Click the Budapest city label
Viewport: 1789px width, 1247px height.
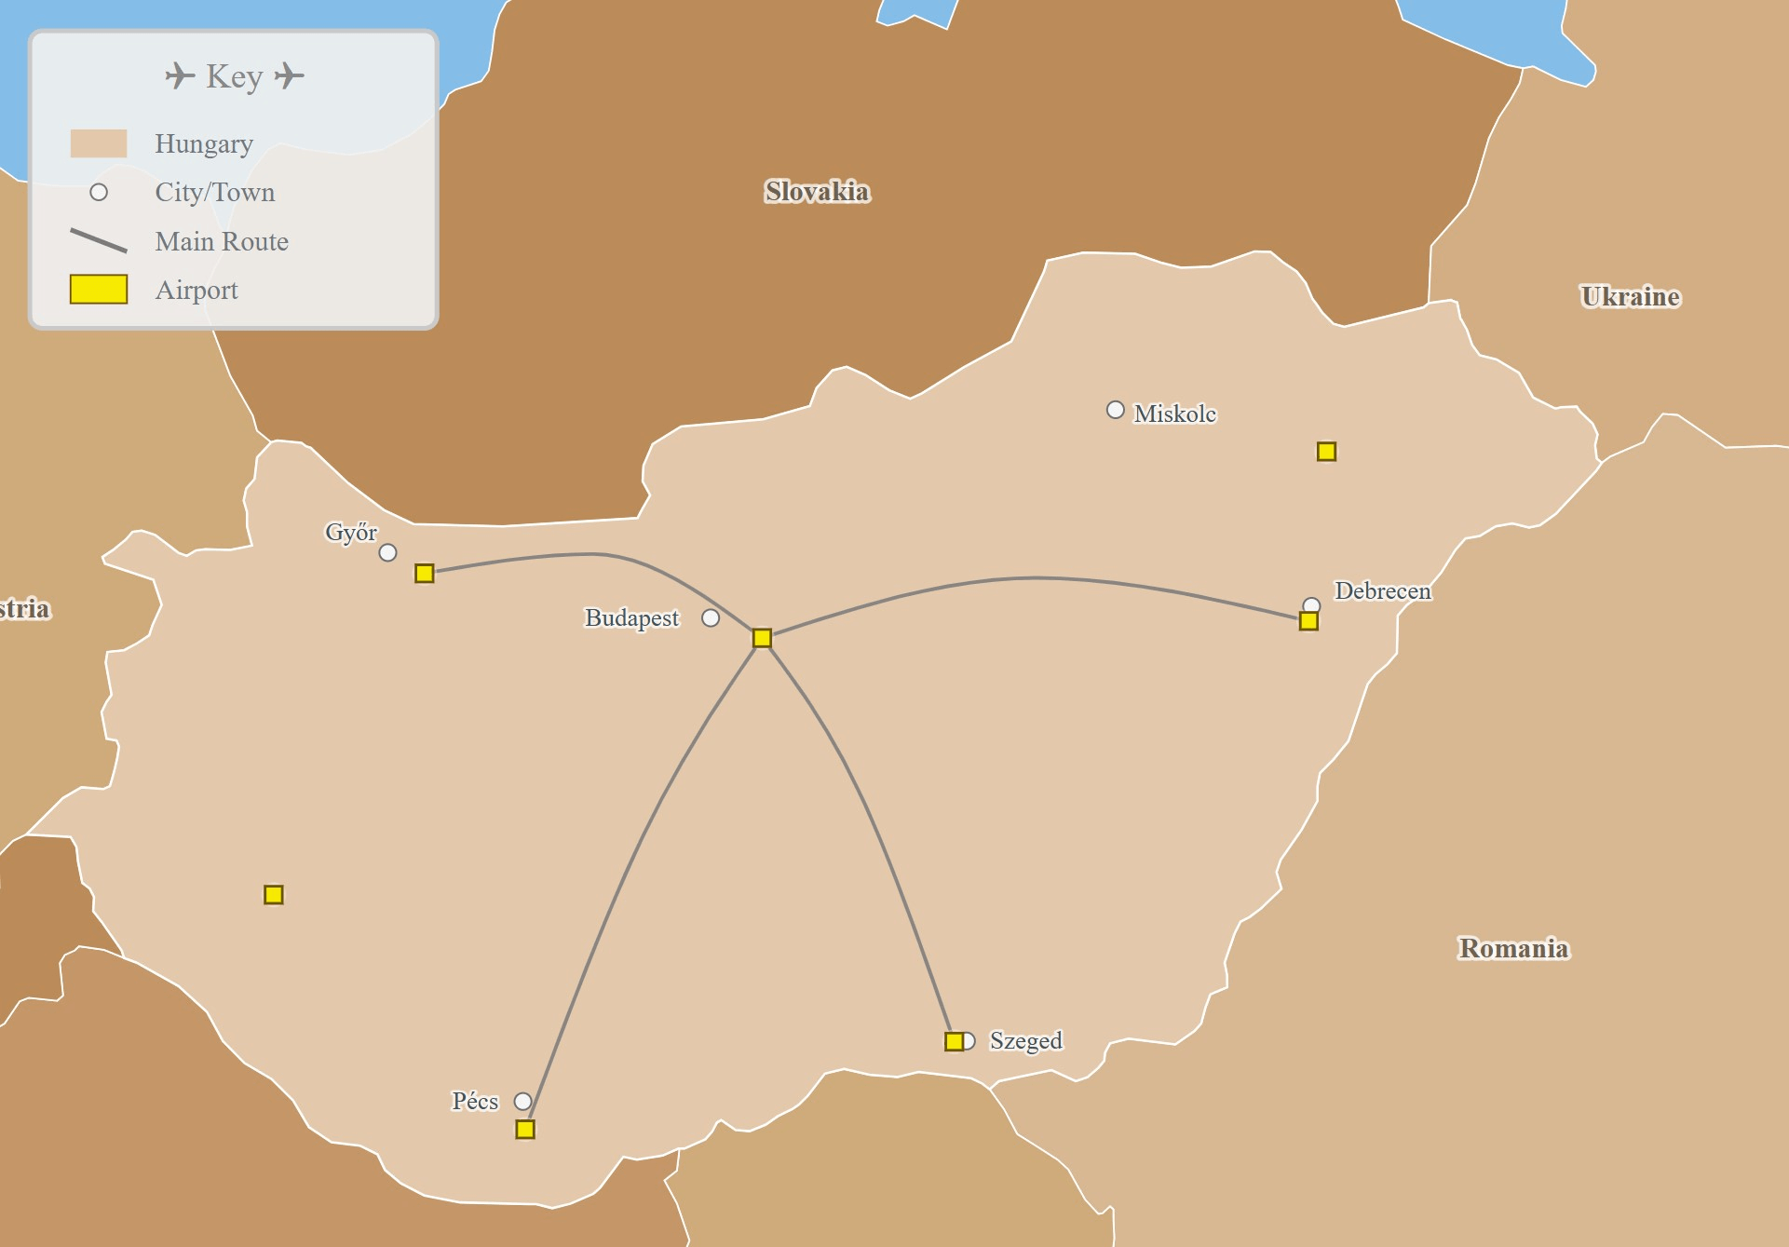point(631,618)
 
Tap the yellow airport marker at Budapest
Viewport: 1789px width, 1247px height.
point(762,638)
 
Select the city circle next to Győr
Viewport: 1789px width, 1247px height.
point(387,553)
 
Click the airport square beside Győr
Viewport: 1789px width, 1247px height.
point(425,574)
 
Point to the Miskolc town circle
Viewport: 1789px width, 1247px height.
point(1115,410)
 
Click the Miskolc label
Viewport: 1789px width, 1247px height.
point(1174,413)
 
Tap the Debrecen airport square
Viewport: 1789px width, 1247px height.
point(1308,621)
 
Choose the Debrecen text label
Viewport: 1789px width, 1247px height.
point(1382,591)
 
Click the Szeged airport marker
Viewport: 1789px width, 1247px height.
point(954,1041)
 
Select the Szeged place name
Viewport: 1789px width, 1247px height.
point(1025,1040)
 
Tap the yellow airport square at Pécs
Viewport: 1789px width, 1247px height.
point(525,1130)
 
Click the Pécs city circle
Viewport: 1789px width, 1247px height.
point(523,1102)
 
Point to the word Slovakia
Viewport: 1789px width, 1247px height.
point(817,192)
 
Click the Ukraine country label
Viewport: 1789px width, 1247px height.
point(1630,297)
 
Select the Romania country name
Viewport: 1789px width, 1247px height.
point(1513,948)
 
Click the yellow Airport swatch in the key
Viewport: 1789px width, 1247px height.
point(99,290)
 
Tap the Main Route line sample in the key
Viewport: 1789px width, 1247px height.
point(99,241)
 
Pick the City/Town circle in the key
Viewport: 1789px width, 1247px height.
point(99,193)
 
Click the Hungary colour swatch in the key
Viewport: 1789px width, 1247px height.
point(99,143)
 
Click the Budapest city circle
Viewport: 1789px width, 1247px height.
point(711,618)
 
